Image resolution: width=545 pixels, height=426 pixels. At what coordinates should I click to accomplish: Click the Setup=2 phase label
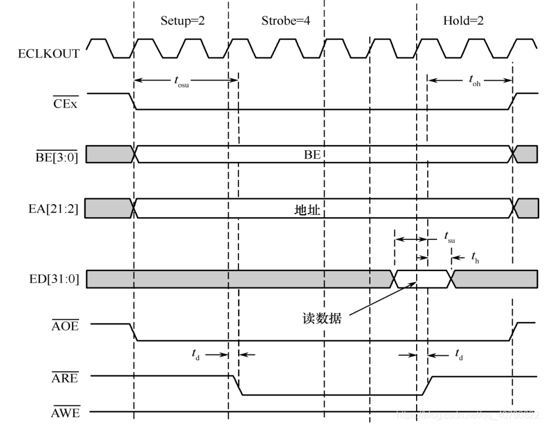[183, 21]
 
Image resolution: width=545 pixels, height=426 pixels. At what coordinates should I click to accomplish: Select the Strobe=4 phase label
[285, 21]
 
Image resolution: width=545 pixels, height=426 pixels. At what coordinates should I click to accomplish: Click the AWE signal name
[65, 413]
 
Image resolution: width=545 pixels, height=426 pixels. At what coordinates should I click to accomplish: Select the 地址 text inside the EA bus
[306, 209]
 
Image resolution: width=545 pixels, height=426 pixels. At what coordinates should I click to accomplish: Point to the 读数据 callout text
[319, 319]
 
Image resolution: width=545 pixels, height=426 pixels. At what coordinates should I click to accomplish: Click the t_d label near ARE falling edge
[197, 354]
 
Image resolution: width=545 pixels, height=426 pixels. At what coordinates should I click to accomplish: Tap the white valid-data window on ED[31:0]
[422, 279]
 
